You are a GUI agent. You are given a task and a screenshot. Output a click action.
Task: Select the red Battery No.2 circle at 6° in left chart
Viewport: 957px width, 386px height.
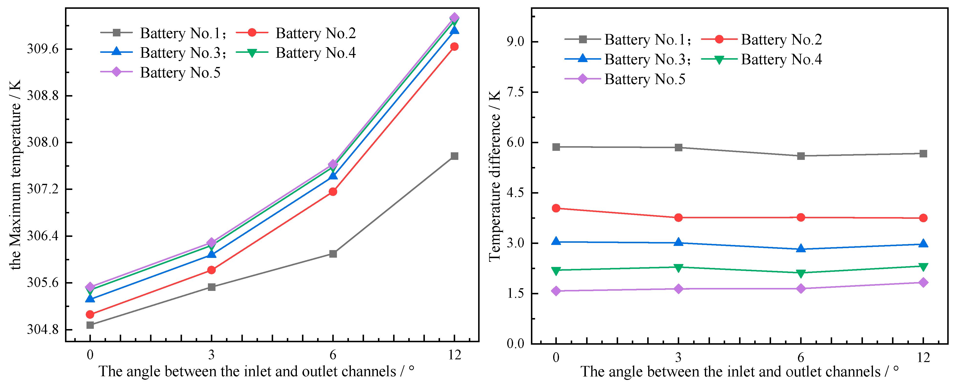coord(333,191)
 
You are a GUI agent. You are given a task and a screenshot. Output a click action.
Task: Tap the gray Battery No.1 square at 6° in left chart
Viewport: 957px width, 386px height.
coord(333,254)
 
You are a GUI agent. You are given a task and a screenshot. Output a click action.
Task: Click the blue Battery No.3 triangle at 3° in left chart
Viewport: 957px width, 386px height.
coord(211,254)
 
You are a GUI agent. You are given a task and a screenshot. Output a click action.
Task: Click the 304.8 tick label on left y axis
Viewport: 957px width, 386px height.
coord(43,330)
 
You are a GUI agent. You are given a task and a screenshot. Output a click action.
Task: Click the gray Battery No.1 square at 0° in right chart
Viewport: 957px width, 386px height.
coord(556,147)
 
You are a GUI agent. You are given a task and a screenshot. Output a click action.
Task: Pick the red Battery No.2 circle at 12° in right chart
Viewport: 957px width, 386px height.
coord(923,218)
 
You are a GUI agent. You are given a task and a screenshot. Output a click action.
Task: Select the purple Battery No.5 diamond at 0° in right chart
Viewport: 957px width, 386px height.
coord(556,291)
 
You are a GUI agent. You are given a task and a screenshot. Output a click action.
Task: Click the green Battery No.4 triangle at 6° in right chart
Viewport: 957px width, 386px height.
coord(801,273)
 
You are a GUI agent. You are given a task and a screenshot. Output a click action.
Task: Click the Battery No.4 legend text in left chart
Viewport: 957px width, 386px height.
coord(315,53)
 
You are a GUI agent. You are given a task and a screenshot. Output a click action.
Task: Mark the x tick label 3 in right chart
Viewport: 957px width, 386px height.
coord(678,357)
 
